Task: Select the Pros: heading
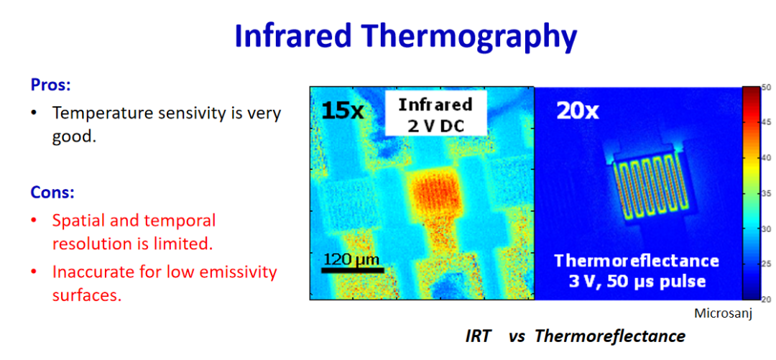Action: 51,86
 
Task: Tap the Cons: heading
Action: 52,192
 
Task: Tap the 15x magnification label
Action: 343,111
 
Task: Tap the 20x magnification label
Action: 578,112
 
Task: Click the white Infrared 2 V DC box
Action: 435,116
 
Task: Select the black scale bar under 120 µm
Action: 353,270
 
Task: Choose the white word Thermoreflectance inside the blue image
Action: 637,260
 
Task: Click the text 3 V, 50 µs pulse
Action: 637,282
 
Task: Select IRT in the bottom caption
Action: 478,337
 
